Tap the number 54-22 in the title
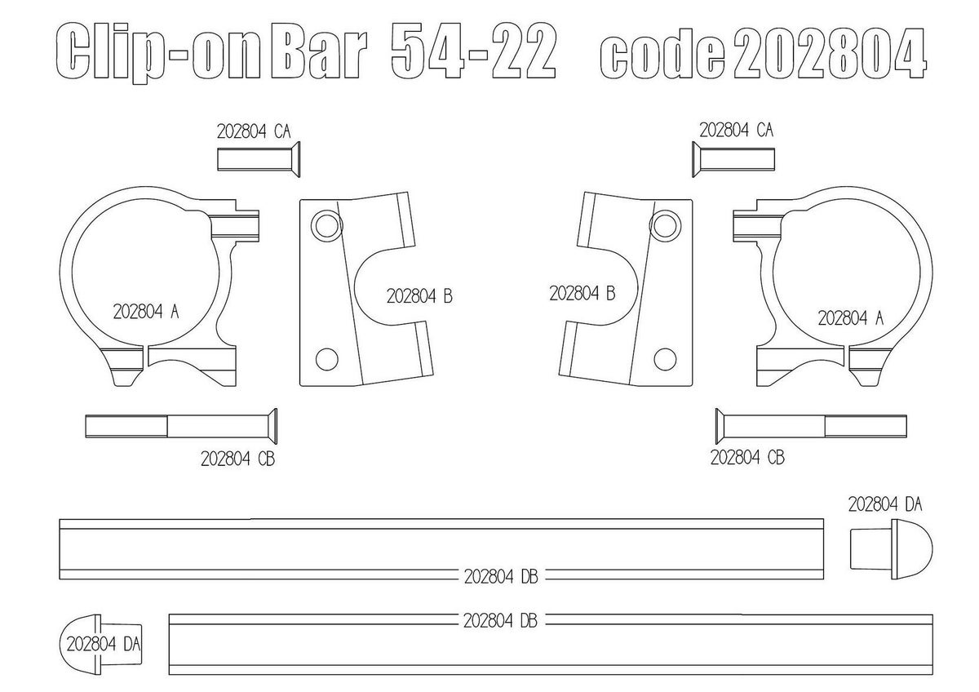(473, 51)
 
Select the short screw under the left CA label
(259, 159)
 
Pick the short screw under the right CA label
(733, 159)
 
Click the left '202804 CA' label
(254, 131)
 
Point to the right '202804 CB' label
(747, 457)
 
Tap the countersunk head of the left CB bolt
(272, 426)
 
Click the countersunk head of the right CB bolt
(720, 426)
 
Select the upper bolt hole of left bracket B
(327, 225)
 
